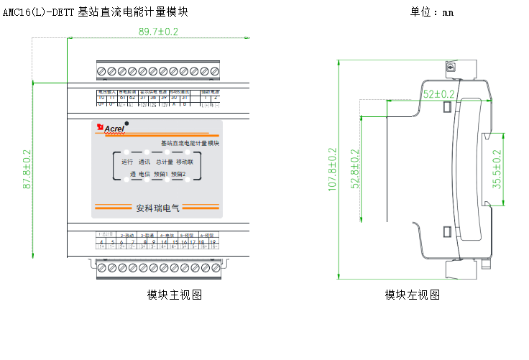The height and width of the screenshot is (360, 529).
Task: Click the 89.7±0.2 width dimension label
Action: pyautogui.click(x=157, y=32)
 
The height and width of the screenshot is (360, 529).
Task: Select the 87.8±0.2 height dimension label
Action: pyautogui.click(x=27, y=170)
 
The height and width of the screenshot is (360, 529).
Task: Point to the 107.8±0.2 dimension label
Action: pyautogui.click(x=332, y=170)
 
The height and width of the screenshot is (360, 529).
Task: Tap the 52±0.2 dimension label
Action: pyautogui.click(x=438, y=94)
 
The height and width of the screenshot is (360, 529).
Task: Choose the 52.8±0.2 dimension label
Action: pyautogui.click(x=354, y=170)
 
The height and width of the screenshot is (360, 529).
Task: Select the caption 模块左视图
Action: pyautogui.click(x=412, y=295)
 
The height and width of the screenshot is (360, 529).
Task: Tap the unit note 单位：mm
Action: pyautogui.click(x=431, y=12)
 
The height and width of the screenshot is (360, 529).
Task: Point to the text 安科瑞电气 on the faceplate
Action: pyautogui.click(x=157, y=208)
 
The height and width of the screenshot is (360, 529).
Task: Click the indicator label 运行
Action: pyautogui.click(x=127, y=162)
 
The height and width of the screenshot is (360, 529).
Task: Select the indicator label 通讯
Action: pyautogui.click(x=145, y=162)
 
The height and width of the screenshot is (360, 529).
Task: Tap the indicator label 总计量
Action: pyautogui.click(x=165, y=162)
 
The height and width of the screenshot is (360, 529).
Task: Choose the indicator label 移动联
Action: pyautogui.click(x=185, y=162)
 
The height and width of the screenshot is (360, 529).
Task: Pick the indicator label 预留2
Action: pyautogui.click(x=180, y=174)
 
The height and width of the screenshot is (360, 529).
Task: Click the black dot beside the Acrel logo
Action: pyautogui.click(x=127, y=124)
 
